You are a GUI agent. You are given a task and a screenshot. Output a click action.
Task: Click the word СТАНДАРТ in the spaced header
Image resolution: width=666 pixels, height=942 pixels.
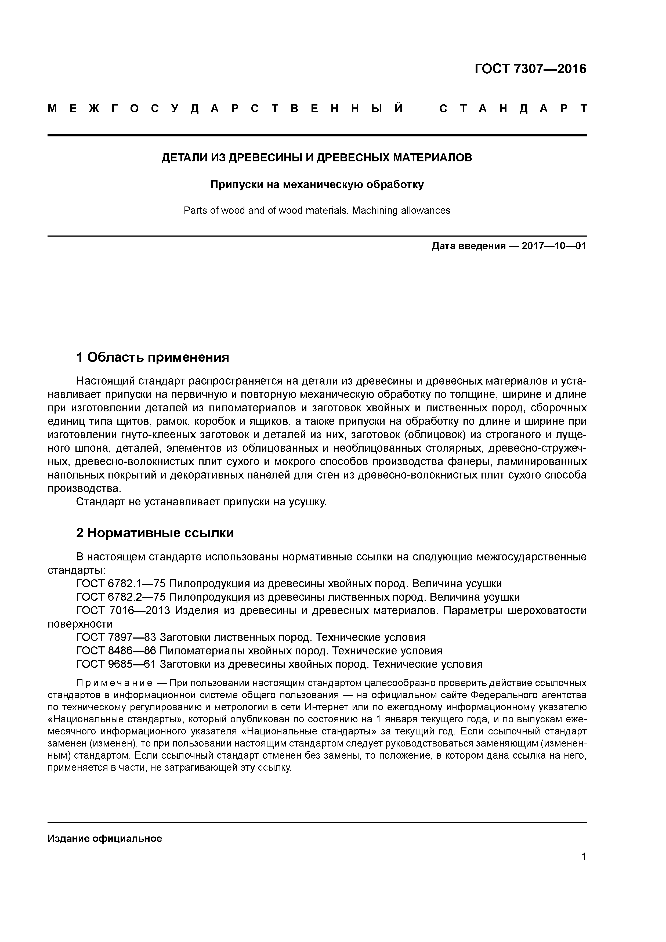point(513,109)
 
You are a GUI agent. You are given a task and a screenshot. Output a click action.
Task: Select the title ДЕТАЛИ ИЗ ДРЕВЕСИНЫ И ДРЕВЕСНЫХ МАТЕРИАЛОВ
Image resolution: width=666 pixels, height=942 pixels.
point(317,158)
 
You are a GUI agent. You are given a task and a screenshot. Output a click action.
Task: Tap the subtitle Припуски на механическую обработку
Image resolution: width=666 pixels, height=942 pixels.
point(317,185)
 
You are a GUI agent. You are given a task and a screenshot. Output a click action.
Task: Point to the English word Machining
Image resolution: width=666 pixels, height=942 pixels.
point(375,211)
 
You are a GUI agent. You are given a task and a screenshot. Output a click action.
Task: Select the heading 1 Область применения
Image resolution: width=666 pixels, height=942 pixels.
point(152,357)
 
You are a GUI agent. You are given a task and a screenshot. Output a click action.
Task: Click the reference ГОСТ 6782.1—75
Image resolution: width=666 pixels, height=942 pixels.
point(120,584)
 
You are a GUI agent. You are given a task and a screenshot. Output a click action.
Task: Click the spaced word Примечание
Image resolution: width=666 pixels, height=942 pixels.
point(114,683)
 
